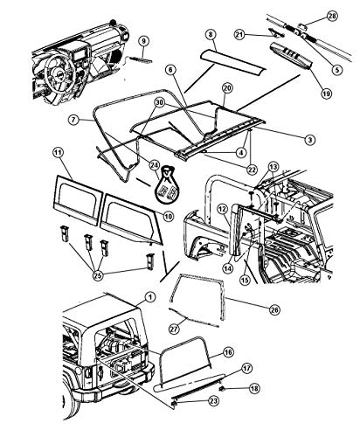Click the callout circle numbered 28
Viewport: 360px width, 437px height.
click(331, 16)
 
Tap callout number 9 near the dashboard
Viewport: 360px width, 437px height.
click(143, 41)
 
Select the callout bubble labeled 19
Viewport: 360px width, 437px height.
click(326, 94)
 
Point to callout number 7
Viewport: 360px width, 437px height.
click(74, 120)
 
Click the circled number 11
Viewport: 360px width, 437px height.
click(58, 153)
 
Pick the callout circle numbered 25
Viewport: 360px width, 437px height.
click(98, 275)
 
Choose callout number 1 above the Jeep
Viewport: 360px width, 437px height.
click(150, 297)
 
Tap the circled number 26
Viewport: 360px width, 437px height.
click(273, 310)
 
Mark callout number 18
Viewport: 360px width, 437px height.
click(254, 388)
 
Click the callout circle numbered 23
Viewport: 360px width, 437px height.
click(213, 401)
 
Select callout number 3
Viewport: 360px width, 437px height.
click(309, 140)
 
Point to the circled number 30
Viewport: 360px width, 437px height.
click(159, 102)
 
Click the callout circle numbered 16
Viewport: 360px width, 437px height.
click(228, 352)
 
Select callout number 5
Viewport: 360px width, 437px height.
click(336, 70)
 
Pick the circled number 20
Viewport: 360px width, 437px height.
click(227, 88)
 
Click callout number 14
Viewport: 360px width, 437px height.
click(228, 268)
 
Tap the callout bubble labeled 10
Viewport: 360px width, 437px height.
click(169, 216)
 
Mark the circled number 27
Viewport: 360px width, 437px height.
click(174, 329)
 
